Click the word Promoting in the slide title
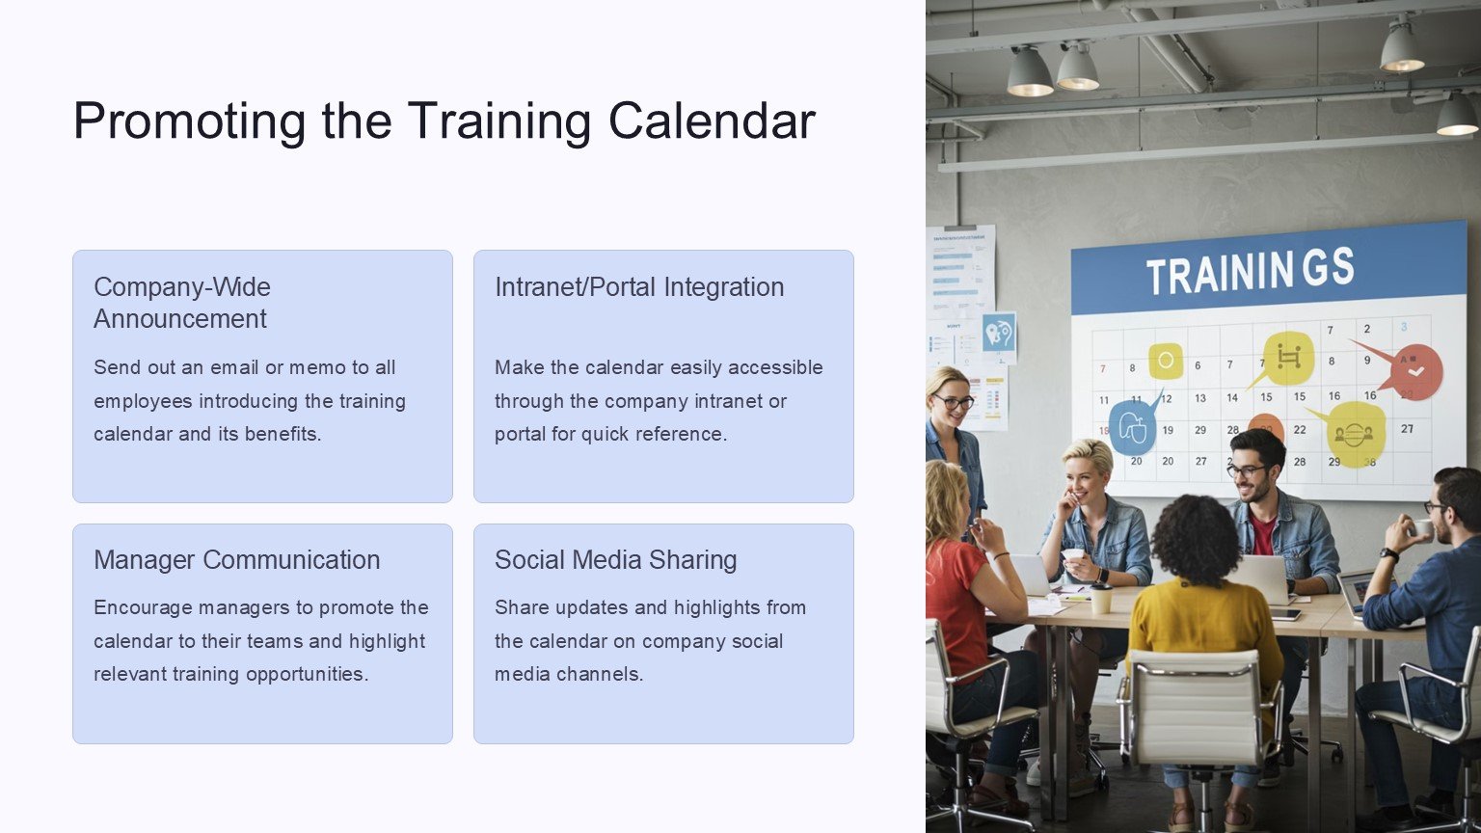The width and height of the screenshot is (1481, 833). tap(190, 121)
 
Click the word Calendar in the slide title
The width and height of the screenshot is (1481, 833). tap(713, 120)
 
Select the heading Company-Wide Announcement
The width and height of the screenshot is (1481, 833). tap(182, 303)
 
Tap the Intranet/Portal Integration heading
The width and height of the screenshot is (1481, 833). tap(639, 287)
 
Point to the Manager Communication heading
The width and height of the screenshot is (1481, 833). tap(236, 560)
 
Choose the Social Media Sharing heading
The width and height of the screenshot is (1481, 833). tap(615, 560)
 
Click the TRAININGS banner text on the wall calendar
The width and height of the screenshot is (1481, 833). tap(1250, 271)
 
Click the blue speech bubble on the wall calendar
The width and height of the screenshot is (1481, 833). tap(1133, 426)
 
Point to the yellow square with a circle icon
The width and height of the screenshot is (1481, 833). tap(1166, 361)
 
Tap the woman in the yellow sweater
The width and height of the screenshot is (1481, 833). tap(1200, 628)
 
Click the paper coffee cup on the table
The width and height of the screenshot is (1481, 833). tap(1101, 598)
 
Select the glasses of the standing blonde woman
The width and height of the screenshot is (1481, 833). tap(954, 401)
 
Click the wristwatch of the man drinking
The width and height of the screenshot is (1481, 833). tap(1388, 554)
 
